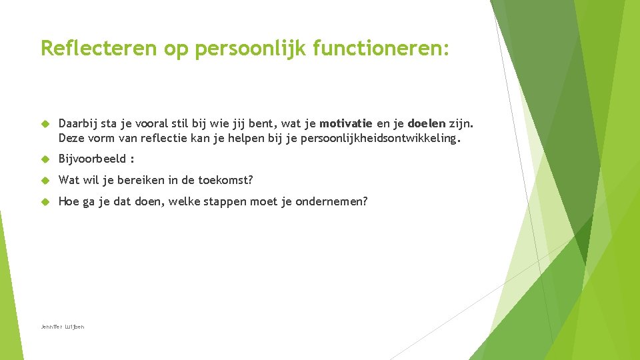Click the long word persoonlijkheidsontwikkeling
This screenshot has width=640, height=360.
380,139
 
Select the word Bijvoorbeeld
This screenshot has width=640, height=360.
92,159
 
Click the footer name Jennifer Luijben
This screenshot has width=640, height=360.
63,327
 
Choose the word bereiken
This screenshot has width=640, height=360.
139,180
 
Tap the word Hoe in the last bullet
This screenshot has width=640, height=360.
69,201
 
